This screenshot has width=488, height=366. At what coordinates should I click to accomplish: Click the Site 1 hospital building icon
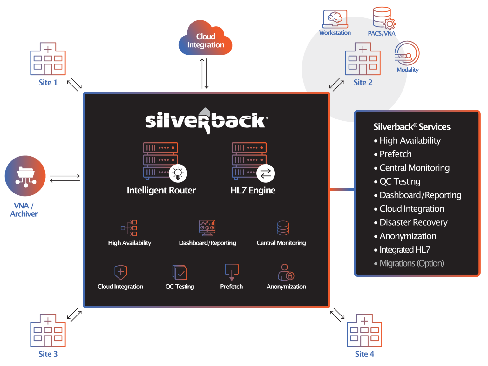tap(48, 59)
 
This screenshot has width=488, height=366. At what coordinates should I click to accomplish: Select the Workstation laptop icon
tap(335, 19)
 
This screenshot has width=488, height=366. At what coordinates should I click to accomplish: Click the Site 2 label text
tap(363, 83)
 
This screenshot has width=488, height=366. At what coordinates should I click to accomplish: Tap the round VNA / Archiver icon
tap(25, 176)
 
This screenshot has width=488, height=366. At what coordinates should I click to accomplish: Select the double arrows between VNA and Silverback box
tap(65, 178)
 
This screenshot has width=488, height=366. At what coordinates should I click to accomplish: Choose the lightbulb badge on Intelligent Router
tap(178, 173)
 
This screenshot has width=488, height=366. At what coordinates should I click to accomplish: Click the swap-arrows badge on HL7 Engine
tap(266, 173)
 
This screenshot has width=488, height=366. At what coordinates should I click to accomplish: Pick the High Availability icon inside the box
tap(129, 228)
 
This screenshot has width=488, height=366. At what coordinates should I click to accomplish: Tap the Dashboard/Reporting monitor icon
tap(207, 228)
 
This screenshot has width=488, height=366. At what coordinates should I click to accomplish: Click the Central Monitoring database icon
tap(283, 228)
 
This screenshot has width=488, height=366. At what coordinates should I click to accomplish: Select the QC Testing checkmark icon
tap(180, 272)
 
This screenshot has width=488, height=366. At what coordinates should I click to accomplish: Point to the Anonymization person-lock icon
tap(286, 272)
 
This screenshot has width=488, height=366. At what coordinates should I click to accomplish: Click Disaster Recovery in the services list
tap(413, 222)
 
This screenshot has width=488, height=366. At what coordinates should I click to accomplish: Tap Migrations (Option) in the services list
tap(411, 263)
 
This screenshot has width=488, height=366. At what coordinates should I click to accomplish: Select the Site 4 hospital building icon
tap(364, 331)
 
